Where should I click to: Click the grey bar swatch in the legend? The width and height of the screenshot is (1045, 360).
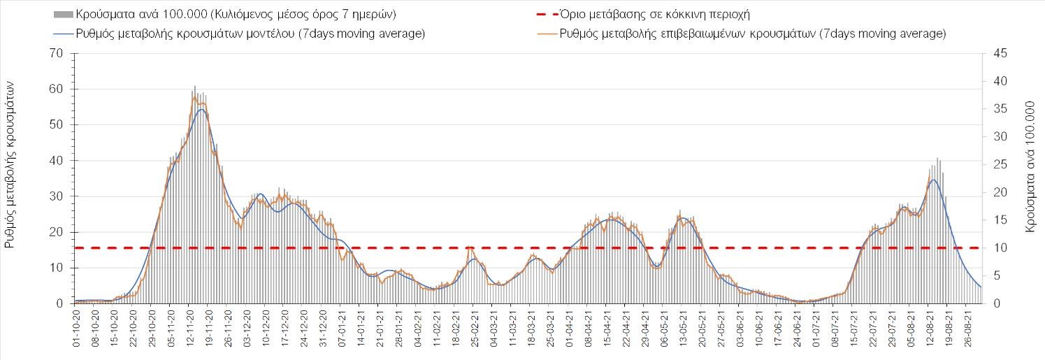[62, 14]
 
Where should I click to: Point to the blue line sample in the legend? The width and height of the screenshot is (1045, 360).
[62, 33]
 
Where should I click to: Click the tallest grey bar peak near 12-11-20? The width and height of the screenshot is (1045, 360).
[195, 87]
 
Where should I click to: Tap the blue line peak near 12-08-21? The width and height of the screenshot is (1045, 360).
[933, 180]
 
